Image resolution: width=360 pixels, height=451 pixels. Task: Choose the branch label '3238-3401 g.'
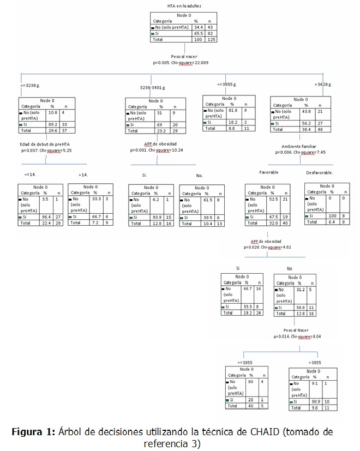(153, 87)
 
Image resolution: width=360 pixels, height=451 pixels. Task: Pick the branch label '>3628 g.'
(323, 85)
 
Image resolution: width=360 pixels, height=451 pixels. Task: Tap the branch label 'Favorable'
(268, 172)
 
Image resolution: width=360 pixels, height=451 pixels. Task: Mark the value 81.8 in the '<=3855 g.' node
(232, 110)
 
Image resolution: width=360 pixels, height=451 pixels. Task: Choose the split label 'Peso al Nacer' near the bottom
(297, 330)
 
